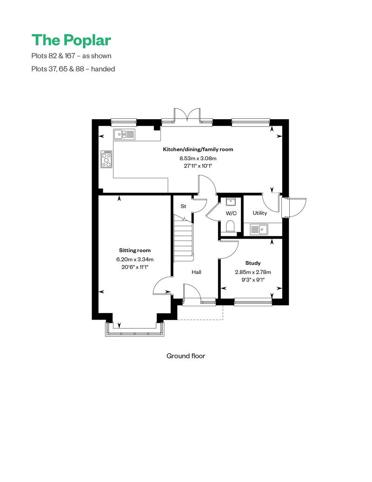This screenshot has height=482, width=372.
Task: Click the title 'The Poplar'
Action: tap(71, 40)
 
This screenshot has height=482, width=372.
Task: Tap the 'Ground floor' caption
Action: tap(186, 355)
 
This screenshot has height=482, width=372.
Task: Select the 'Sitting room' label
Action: tap(135, 250)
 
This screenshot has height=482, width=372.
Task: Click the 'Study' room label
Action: tap(253, 263)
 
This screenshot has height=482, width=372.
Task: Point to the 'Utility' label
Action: tap(259, 213)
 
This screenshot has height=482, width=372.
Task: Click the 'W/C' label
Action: tap(231, 213)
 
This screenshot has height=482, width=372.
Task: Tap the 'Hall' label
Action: tap(196, 272)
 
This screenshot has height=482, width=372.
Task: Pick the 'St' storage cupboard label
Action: tap(183, 206)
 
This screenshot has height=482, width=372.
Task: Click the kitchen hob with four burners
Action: tap(106, 159)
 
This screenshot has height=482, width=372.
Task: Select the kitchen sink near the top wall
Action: tap(124, 134)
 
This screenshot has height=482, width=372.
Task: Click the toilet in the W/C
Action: tap(230, 227)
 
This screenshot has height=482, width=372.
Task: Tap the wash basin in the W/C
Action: tap(230, 201)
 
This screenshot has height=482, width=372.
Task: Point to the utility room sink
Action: tap(259, 229)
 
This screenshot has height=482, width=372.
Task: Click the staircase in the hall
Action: tap(184, 239)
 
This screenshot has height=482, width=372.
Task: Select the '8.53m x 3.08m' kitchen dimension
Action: tap(198, 158)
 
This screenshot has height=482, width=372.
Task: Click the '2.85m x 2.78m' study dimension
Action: tap(253, 272)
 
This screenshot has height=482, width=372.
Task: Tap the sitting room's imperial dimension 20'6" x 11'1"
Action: tap(135, 267)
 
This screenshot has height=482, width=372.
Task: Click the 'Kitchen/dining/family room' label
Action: tap(198, 149)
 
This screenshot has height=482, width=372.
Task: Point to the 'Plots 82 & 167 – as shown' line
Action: tap(71, 56)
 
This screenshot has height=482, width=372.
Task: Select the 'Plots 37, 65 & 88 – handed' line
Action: tap(73, 69)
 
